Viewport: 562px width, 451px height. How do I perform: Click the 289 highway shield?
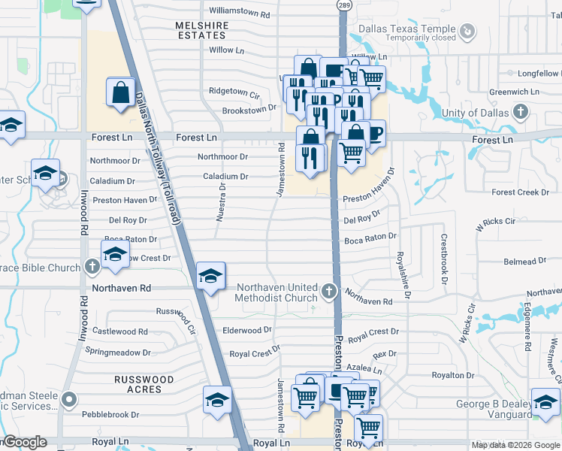pos(343,5)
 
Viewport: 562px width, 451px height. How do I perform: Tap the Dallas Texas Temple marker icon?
pos(467,31)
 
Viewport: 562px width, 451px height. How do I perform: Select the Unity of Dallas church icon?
pos(520,113)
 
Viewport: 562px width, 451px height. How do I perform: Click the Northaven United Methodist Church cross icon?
pos(328,292)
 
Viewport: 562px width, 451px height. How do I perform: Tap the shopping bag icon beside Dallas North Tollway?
pos(121,93)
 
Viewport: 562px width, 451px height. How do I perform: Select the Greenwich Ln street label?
pos(514,92)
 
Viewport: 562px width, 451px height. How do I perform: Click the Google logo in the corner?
pos(26,442)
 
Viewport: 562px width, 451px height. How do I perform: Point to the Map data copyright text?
pos(515,445)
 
